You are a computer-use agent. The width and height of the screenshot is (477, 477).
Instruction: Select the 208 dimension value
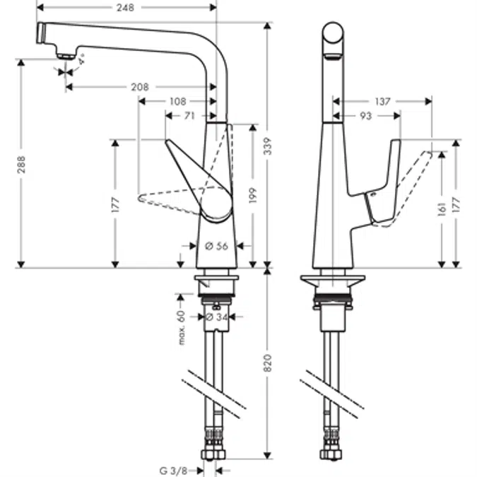140,87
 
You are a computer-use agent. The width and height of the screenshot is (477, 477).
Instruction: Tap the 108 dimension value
177,101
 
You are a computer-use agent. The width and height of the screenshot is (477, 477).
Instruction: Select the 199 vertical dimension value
252,195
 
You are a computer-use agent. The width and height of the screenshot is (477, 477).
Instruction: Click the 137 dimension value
382,102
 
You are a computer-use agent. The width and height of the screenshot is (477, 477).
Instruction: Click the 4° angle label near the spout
82,61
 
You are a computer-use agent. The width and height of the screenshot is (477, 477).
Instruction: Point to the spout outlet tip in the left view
65,56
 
